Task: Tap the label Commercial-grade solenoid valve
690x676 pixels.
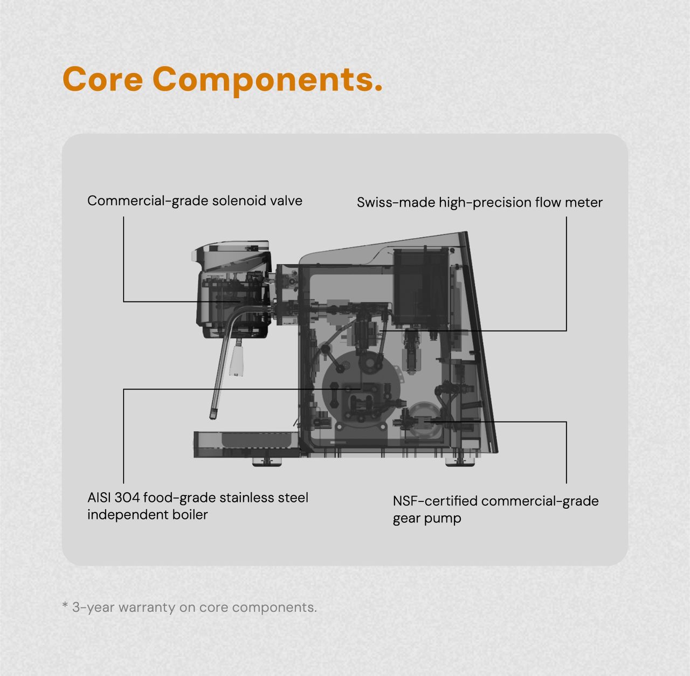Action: (195, 201)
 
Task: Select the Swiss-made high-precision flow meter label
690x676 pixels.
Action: (480, 203)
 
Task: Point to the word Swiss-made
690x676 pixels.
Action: (396, 202)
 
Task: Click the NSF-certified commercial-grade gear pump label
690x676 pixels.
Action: (495, 509)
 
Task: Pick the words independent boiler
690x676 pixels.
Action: (148, 515)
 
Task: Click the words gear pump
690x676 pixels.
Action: (427, 519)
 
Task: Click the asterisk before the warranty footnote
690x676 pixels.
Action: (65, 605)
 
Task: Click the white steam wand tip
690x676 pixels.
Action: (237, 361)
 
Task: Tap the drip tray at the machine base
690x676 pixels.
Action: (247, 444)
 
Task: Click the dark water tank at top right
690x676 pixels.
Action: (421, 286)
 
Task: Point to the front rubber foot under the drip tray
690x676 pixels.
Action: (266, 462)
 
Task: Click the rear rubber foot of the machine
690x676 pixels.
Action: (460, 462)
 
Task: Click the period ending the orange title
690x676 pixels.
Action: (378, 88)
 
